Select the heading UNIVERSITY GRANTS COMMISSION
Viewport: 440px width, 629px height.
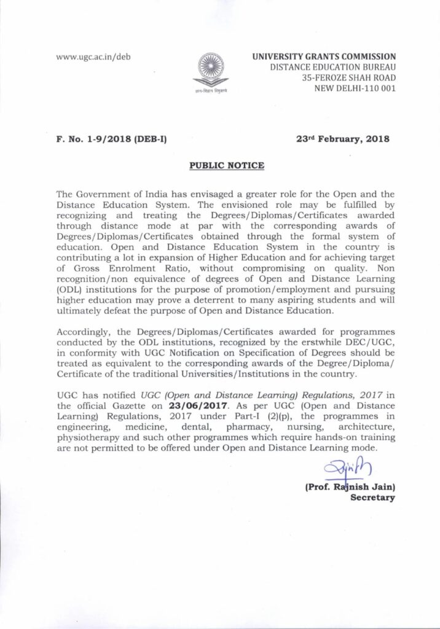click(324, 57)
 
